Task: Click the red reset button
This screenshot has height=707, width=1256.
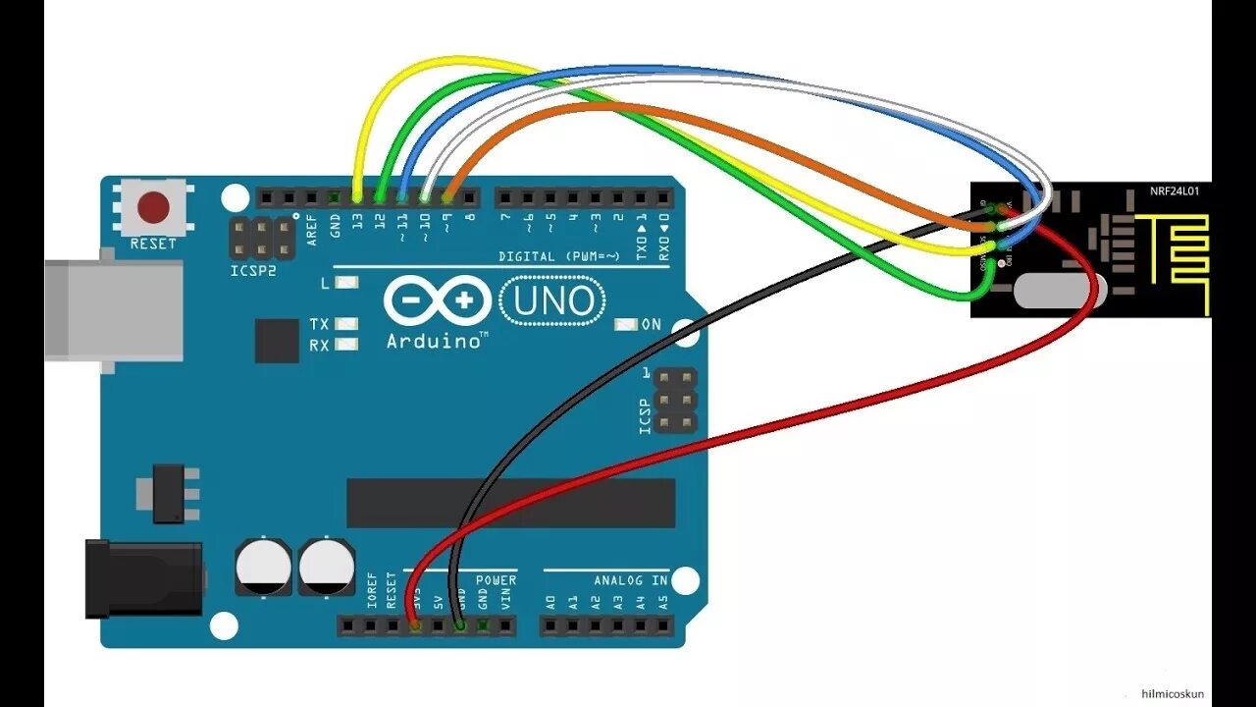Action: pos(153,208)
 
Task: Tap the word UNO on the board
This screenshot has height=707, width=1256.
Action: pos(549,301)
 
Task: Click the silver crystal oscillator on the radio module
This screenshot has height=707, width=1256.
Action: pos(1061,290)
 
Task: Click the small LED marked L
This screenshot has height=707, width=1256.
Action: pos(346,283)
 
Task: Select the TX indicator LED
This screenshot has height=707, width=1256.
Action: pos(346,323)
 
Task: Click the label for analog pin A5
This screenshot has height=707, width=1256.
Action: pos(663,602)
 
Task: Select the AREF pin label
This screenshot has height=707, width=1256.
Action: pos(312,228)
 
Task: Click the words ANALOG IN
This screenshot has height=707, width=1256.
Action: pos(630,580)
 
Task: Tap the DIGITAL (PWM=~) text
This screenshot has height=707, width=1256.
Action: pos(559,256)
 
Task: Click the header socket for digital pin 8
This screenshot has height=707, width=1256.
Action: pos(471,197)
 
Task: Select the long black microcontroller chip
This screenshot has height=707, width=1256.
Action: pos(510,503)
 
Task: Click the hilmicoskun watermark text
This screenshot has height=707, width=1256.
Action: pos(1174,694)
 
